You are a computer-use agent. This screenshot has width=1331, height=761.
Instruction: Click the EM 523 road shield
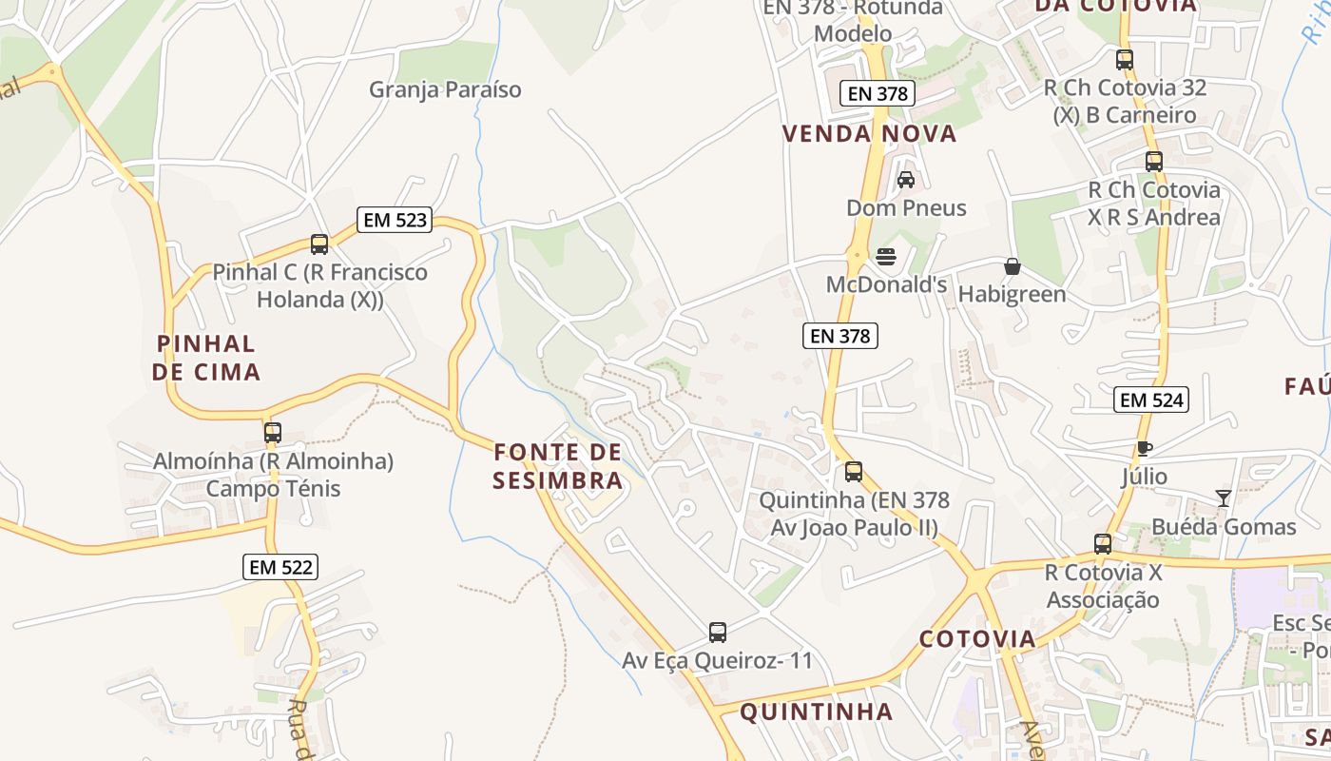click(395, 221)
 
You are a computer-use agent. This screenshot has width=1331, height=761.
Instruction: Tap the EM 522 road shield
click(280, 568)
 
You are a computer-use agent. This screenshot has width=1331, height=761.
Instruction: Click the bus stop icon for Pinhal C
click(319, 244)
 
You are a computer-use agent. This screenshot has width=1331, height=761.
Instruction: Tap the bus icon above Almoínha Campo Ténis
click(273, 433)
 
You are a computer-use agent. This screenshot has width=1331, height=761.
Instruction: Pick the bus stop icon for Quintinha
click(854, 472)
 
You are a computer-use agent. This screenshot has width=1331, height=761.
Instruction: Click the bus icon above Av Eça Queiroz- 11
click(718, 633)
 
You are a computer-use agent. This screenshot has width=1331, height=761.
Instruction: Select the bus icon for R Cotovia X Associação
click(1103, 545)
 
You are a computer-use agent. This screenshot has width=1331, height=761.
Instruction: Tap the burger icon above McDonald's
click(886, 257)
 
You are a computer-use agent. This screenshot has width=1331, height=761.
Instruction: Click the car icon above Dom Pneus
click(906, 180)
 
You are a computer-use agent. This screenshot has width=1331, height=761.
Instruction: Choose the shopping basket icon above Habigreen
click(1013, 267)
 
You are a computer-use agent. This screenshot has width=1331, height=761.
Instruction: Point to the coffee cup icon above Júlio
click(1145, 448)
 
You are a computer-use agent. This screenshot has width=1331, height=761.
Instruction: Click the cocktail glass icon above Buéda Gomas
click(1223, 498)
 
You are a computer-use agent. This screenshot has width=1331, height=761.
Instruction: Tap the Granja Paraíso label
click(445, 89)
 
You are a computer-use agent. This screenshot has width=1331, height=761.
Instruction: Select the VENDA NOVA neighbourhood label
click(869, 134)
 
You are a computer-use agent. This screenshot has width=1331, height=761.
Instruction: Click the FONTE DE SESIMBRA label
click(558, 465)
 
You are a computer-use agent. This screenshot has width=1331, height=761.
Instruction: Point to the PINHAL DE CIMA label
click(205, 358)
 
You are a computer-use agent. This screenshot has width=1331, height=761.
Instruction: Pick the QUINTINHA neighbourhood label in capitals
click(816, 712)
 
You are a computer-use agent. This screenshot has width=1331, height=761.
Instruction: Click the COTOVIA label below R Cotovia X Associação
click(977, 638)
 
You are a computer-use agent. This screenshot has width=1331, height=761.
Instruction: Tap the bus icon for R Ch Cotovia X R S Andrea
click(1154, 162)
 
